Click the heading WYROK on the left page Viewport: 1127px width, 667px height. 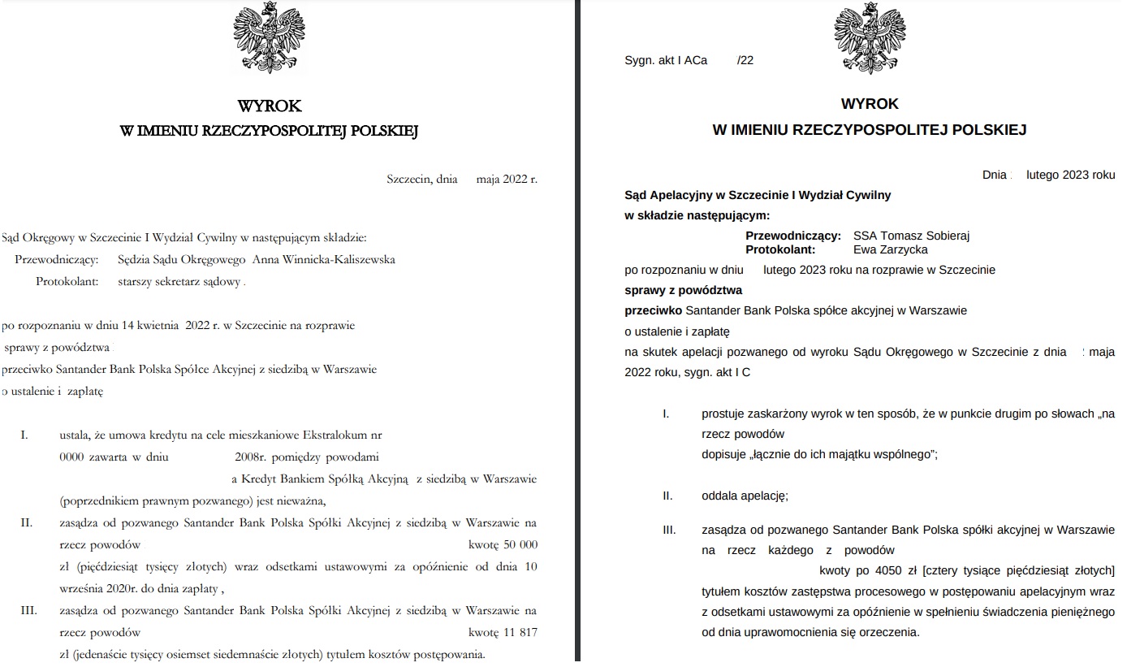(x=269, y=106)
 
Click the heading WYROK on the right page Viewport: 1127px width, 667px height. (x=870, y=104)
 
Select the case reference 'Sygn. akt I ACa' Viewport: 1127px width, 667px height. (x=666, y=60)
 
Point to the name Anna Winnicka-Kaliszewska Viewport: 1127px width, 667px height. (x=324, y=259)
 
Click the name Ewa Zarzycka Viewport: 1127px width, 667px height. (x=891, y=249)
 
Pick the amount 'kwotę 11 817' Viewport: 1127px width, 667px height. (x=503, y=632)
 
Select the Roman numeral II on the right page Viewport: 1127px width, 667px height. (x=668, y=495)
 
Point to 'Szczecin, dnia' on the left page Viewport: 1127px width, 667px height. (x=422, y=179)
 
